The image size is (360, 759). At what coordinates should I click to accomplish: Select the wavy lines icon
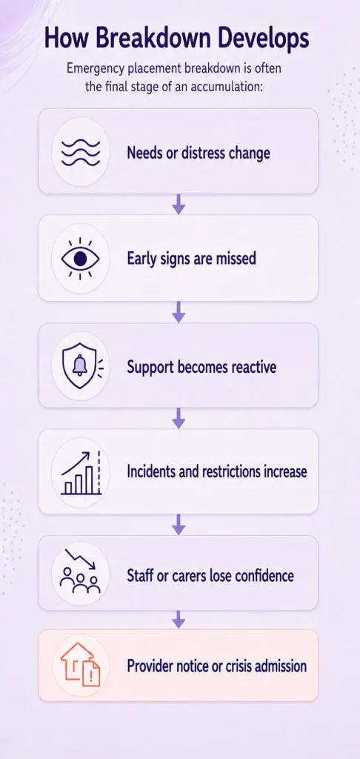pos(80,153)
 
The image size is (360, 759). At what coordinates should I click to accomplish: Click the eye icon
pos(80,259)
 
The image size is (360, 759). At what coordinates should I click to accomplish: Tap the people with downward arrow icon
pos(80,571)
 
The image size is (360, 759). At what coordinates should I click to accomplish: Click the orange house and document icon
pos(80,665)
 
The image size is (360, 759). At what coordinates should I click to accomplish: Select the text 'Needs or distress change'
pos(199,153)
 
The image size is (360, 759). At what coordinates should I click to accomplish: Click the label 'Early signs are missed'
pos(192,259)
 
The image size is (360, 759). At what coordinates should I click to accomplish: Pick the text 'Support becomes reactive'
pos(201,367)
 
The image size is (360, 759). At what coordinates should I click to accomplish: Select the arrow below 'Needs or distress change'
pos(179,205)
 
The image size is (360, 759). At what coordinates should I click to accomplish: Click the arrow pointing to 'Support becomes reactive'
pos(179,312)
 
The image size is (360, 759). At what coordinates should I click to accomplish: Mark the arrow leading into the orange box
pos(179,620)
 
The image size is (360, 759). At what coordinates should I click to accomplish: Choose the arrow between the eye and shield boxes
pos(179,312)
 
